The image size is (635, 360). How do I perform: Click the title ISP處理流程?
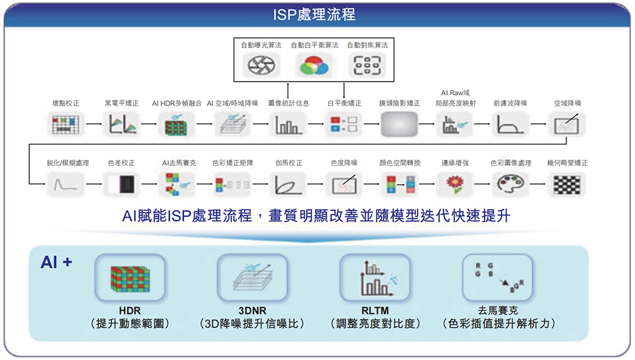point(317,14)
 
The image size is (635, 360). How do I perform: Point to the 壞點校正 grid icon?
point(65,124)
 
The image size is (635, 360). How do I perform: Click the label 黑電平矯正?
point(121,103)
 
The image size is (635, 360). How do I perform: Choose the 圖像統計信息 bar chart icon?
point(288,124)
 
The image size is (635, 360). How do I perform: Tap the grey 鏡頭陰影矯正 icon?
point(400,124)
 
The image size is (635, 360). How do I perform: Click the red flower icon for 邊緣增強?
point(455,184)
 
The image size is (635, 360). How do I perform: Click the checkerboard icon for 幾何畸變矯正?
point(566,184)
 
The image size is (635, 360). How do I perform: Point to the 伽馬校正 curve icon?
point(288,184)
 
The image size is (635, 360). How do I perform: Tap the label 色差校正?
point(121,163)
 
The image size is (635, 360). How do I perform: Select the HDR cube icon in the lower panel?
point(130,277)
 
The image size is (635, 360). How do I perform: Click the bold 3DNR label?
point(251,310)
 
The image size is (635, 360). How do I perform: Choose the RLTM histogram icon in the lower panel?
point(375,277)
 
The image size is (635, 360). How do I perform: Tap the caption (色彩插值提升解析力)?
point(498,324)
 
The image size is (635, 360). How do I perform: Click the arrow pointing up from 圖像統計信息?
point(288,89)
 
